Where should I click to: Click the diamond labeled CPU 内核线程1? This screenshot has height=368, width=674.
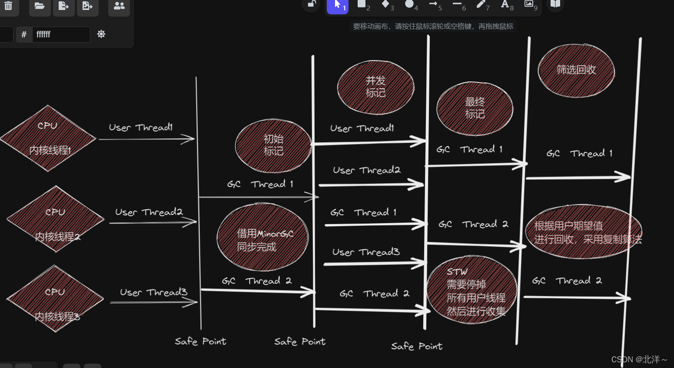pyautogui.click(x=48, y=138)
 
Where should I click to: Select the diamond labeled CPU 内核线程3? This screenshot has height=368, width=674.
pyautogui.click(x=55, y=299)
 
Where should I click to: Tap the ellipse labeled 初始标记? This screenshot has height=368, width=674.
pyautogui.click(x=273, y=145)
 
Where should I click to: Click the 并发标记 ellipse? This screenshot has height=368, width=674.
pyautogui.click(x=375, y=87)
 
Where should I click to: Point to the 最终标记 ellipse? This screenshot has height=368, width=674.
pyautogui.click(x=475, y=108)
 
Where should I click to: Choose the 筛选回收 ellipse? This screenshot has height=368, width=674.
pyautogui.click(x=576, y=70)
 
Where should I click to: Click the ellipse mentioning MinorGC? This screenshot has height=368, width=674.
pyautogui.click(x=262, y=238)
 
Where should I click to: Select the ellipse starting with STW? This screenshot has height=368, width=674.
pyautogui.click(x=472, y=290)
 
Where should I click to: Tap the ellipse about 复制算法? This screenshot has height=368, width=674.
pyautogui.click(x=583, y=232)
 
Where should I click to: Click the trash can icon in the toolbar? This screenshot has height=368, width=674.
pyautogui.click(x=8, y=6)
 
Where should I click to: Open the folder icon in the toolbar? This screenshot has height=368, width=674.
pyautogui.click(x=40, y=6)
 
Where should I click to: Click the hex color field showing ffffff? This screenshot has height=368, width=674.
pyautogui.click(x=61, y=34)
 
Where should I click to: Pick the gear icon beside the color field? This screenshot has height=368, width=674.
pyautogui.click(x=101, y=34)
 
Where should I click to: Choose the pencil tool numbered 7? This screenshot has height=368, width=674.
pyautogui.click(x=481, y=5)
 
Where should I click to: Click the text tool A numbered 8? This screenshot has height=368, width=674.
pyautogui.click(x=505, y=5)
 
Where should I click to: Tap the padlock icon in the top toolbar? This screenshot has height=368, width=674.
pyautogui.click(x=312, y=5)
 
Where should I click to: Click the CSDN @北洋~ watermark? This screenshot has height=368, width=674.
pyautogui.click(x=639, y=359)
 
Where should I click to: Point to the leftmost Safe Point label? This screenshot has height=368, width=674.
pyautogui.click(x=200, y=341)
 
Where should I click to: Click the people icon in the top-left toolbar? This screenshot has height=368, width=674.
pyautogui.click(x=119, y=6)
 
